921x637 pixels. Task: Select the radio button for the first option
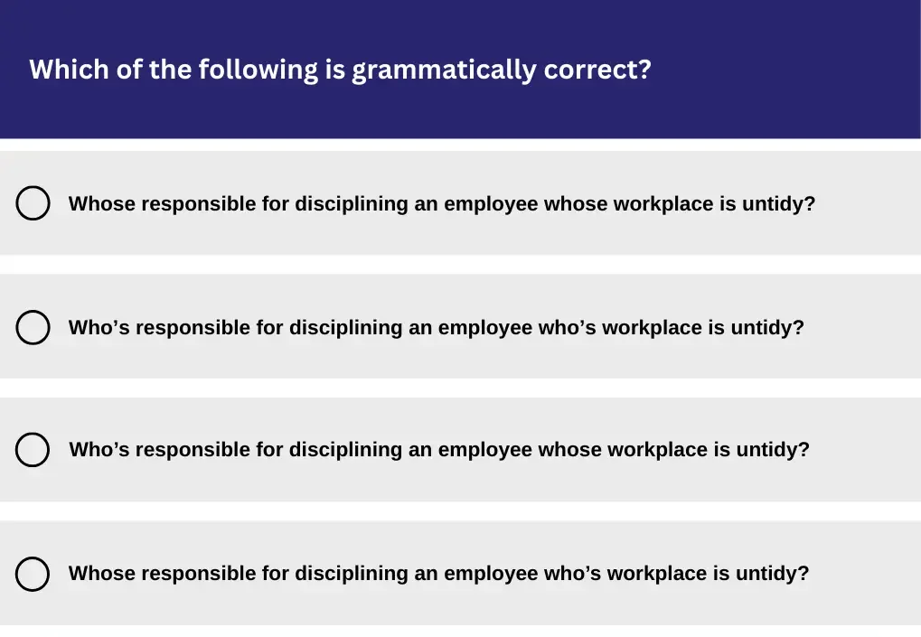pos(33,203)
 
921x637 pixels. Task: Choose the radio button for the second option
pos(33,327)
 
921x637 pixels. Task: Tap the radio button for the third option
pos(33,450)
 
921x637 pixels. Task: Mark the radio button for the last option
pos(33,574)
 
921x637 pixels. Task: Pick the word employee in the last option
pos(491,574)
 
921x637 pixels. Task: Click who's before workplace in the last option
pos(572,574)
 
